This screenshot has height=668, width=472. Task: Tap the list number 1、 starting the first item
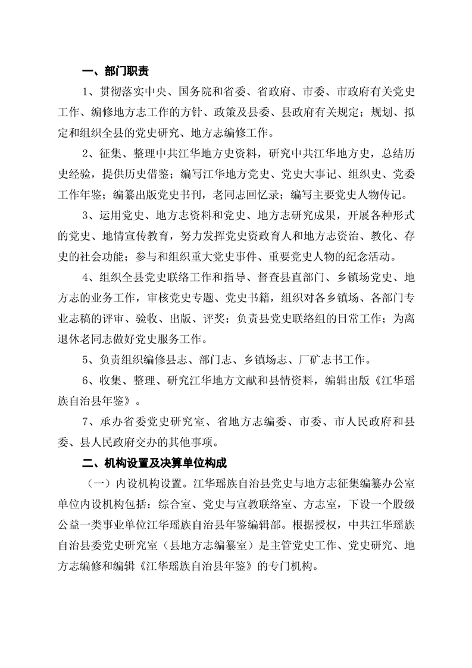(90, 92)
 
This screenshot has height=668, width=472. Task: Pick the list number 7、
(90, 422)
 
